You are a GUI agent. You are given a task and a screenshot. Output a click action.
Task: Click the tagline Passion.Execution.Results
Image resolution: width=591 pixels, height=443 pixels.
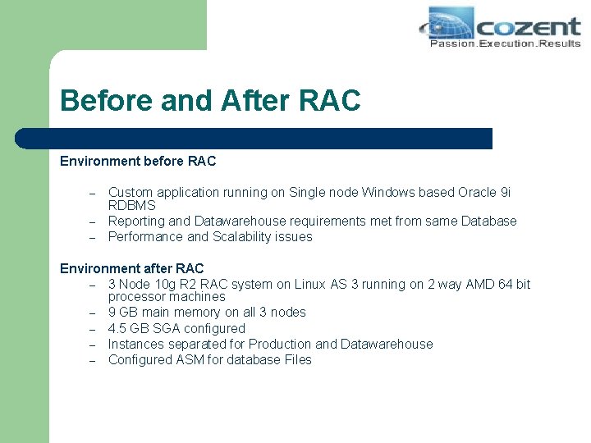505,43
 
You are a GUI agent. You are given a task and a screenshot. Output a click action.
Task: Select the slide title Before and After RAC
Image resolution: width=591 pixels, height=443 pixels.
210,100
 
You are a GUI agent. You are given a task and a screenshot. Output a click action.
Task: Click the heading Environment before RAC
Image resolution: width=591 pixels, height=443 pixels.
138,161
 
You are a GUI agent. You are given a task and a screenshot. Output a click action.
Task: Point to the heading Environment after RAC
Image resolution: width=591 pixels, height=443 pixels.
131,268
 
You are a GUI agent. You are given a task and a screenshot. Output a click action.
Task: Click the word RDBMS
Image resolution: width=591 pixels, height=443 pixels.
131,206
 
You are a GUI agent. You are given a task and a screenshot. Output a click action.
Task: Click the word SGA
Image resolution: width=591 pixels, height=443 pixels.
166,328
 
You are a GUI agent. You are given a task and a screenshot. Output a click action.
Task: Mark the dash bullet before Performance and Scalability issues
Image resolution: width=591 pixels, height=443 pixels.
94,238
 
